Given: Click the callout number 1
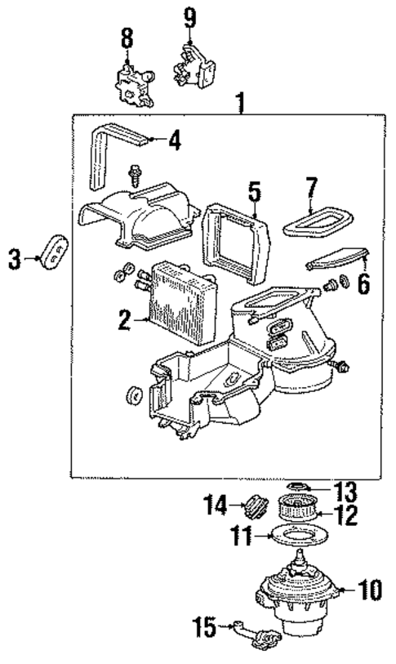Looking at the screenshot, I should coord(240,103).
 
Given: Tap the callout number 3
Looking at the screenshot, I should coord(14,259).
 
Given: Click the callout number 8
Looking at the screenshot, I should coord(126,38).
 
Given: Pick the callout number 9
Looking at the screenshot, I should coord(189,15).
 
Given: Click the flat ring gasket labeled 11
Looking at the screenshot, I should coord(301,538).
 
